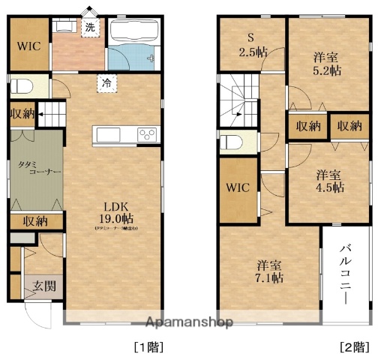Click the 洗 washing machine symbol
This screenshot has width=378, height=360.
[90, 28]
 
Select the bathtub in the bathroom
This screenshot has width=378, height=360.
[133, 31]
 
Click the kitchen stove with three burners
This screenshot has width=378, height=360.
[147, 134]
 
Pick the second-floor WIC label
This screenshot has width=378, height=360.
[240, 186]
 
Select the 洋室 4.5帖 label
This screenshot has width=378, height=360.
[327, 179]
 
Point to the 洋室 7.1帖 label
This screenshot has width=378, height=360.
[270, 271]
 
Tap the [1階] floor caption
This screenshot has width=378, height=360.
[148, 346]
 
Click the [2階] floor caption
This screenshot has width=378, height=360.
[355, 346]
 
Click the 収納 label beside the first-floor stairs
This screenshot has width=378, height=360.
[22, 114]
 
